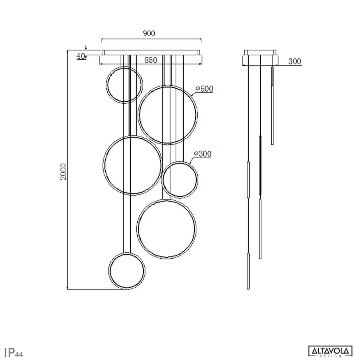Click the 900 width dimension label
point(149,33)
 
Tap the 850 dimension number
point(151,60)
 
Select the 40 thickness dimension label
point(81,56)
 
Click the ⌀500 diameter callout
point(204,89)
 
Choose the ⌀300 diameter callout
point(203,154)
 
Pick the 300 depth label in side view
point(295,62)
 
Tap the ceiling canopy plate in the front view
point(151,52)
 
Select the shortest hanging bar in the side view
point(272,106)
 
